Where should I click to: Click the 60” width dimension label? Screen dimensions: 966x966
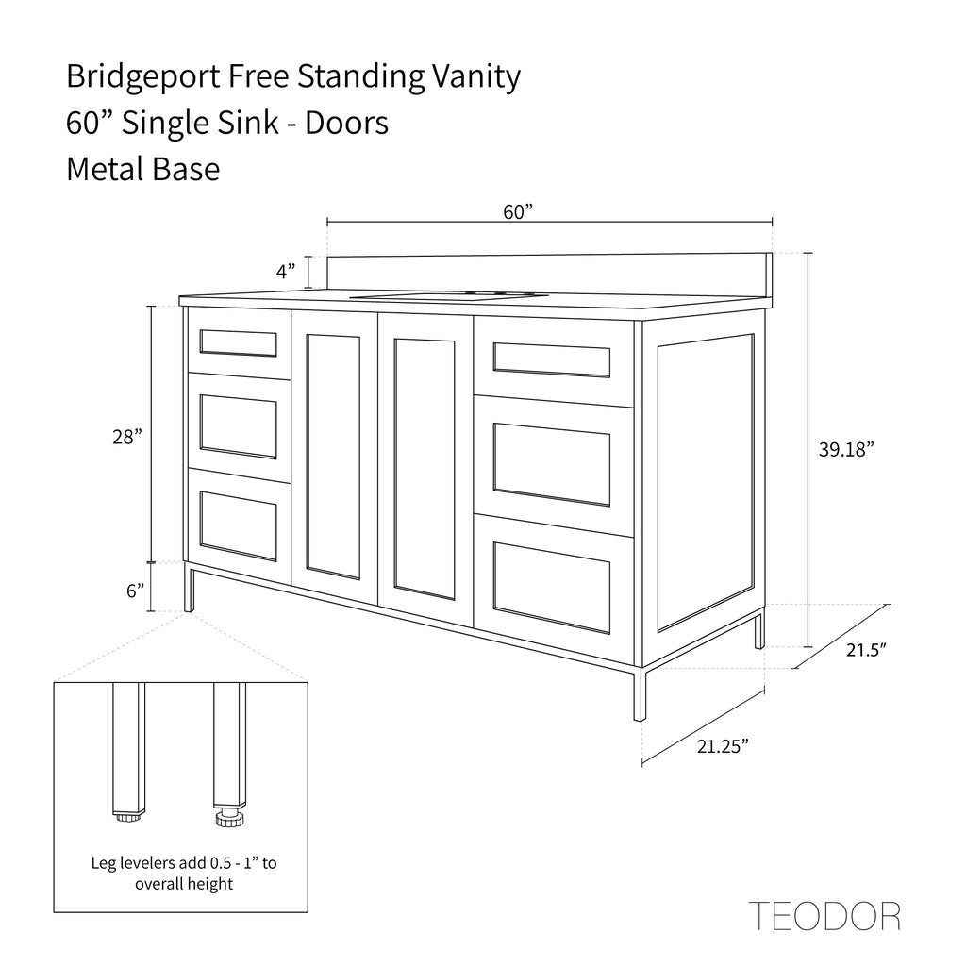pos(518,212)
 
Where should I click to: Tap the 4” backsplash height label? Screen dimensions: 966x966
pos(286,271)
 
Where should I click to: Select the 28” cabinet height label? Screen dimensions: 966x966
pos(127,437)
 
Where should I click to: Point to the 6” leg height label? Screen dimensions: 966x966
pos(136,591)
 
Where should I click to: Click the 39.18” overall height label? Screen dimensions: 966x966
pos(846,449)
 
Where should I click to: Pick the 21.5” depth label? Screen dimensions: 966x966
pos(866,650)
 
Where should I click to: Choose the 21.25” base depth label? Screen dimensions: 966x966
pos(723,746)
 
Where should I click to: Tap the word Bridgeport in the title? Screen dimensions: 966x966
pos(143,77)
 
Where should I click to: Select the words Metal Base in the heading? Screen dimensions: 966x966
pos(143,169)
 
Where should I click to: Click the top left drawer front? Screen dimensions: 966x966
pos(239,343)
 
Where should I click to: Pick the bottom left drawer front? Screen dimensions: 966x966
pos(239,526)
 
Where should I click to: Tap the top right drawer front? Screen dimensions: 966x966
pos(553,361)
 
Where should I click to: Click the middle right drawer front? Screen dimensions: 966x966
pos(553,464)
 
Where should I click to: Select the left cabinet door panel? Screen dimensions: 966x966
pos(333,458)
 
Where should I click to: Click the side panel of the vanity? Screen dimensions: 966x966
pos(705,483)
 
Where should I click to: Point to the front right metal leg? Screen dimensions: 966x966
pos(640,693)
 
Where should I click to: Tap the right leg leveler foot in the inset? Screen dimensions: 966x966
pos(230,818)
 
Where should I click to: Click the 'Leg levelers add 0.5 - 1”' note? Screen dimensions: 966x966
pos(184,862)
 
